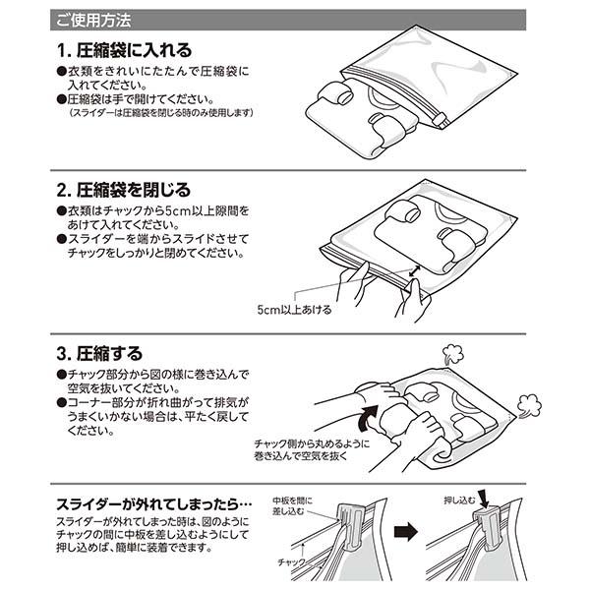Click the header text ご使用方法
tap(93, 21)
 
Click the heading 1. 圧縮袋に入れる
tap(124, 50)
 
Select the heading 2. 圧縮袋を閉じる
tap(124, 190)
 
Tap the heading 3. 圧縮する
tap(99, 353)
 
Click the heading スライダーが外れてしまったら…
tap(154, 504)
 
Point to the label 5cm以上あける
tap(294, 310)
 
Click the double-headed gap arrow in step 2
tap(414, 271)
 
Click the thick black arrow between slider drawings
tap(405, 532)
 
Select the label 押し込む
tap(459, 501)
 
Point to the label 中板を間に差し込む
tap(292, 506)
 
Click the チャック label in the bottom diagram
tap(291, 562)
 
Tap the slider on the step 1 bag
tap(439, 120)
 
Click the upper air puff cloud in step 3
tap(452, 354)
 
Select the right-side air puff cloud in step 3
tap(529, 406)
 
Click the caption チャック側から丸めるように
tap(312, 443)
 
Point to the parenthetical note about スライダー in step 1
tap(162, 112)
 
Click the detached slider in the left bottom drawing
tap(350, 527)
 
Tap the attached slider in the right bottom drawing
tap(487, 529)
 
